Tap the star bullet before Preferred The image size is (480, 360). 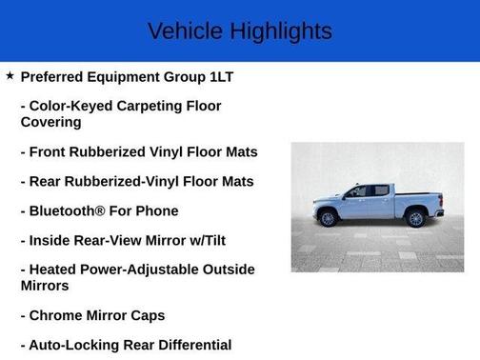[10, 75]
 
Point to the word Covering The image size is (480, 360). [50, 122]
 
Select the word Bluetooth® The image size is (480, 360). [70, 210]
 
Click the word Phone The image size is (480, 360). [157, 210]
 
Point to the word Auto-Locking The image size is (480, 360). [73, 345]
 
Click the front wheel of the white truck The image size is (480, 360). [329, 219]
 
